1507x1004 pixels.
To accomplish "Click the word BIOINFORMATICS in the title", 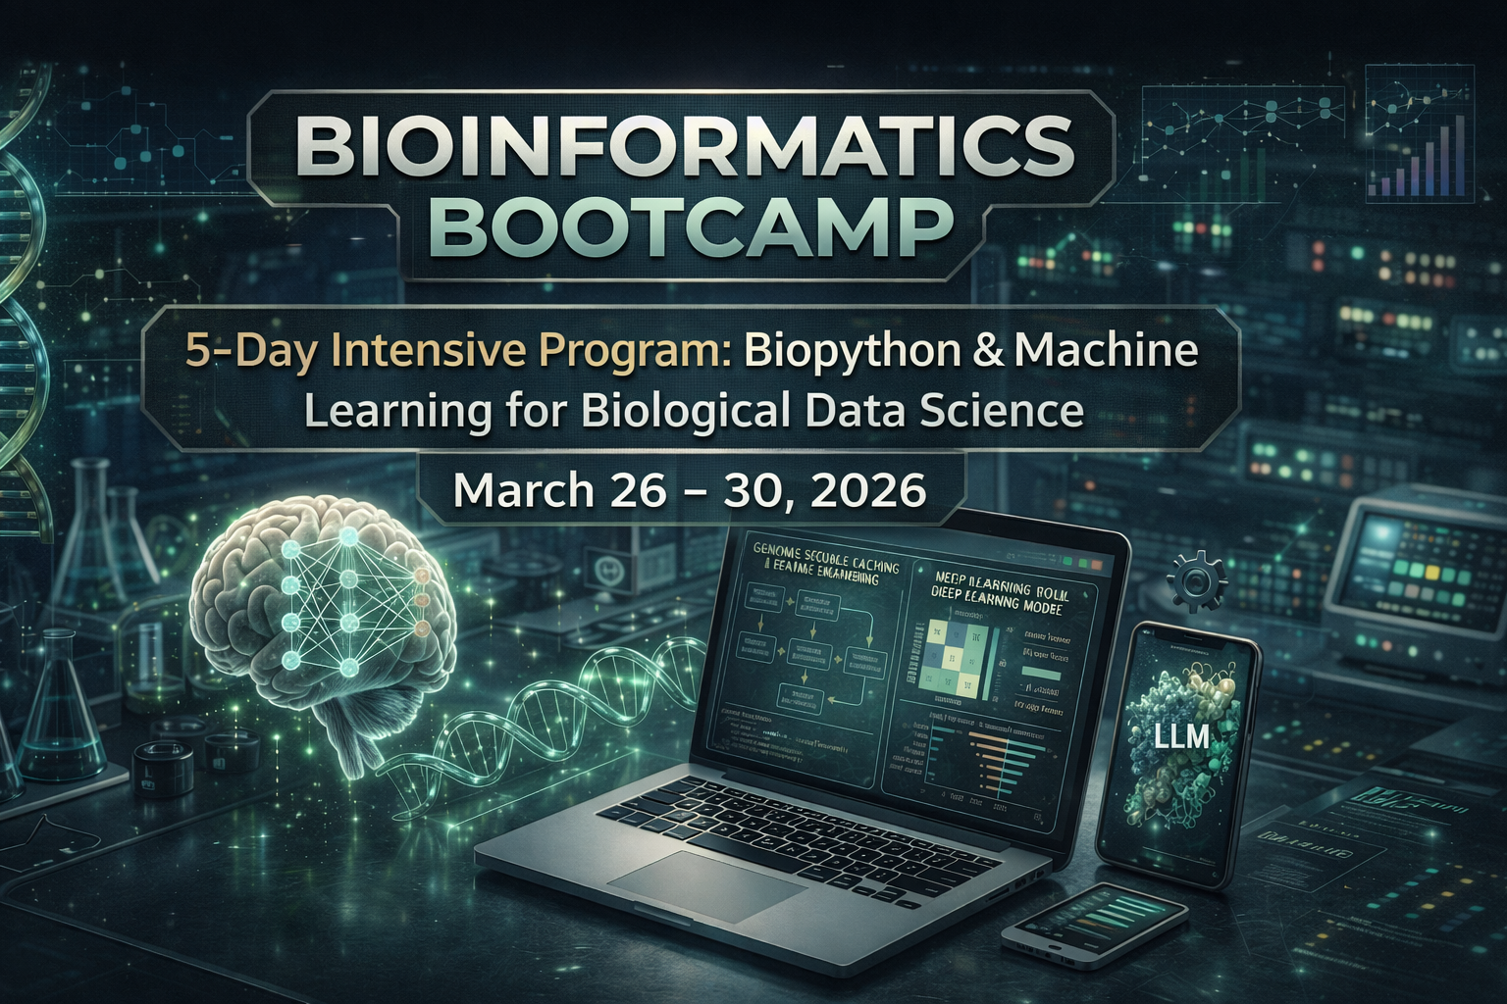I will click(682, 146).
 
